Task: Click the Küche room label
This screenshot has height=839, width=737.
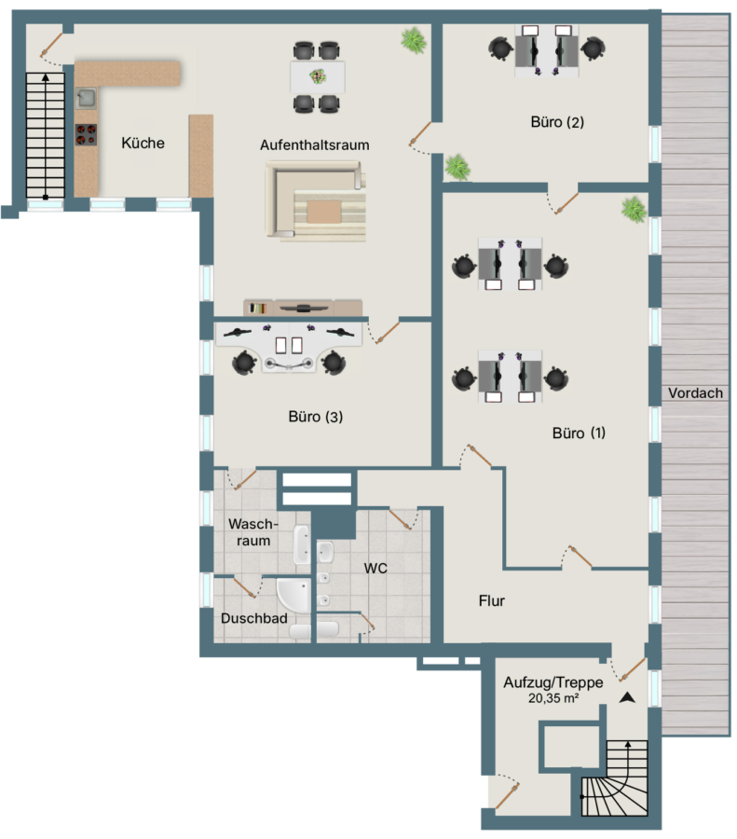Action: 143,143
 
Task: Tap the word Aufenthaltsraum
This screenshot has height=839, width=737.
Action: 315,145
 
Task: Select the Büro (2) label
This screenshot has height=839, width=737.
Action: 557,122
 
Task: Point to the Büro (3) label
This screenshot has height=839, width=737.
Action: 316,417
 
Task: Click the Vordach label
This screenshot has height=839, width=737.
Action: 695,392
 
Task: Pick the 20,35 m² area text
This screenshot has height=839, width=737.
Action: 553,697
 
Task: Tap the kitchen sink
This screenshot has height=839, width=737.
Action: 86,98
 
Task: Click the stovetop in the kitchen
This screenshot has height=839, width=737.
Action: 86,134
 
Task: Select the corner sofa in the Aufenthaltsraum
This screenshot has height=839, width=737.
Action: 316,200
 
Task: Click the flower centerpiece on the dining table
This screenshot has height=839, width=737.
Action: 318,76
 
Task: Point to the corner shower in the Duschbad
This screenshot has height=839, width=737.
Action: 293,595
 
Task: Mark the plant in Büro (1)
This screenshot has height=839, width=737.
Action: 634,209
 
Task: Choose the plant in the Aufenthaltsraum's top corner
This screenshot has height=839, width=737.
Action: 414,40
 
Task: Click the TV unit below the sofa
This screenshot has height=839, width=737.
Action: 303,308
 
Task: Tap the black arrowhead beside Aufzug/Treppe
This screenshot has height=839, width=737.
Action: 627,697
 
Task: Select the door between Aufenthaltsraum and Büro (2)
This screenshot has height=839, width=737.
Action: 420,134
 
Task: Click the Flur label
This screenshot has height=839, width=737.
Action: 492,601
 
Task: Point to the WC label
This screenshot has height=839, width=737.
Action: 375,569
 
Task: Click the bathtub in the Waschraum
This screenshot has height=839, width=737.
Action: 302,544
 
